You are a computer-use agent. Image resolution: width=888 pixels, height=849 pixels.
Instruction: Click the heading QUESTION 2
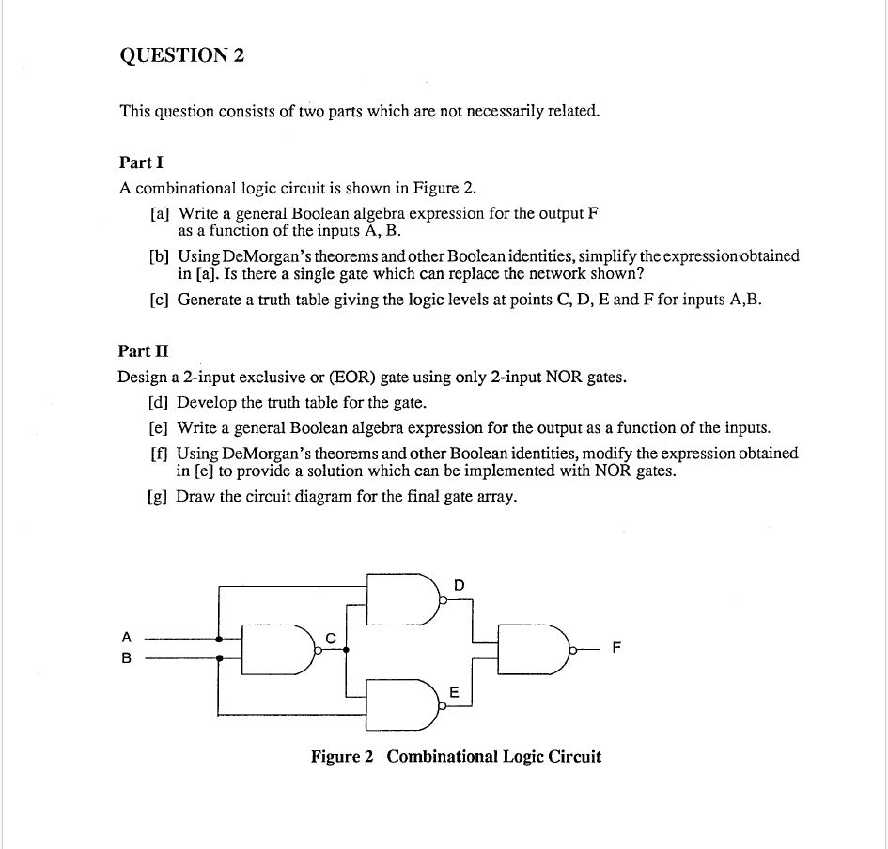[x=181, y=55]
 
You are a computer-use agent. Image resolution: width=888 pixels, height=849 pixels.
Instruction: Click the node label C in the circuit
[x=330, y=639]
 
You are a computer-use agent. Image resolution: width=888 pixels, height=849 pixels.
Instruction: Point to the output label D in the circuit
[x=459, y=585]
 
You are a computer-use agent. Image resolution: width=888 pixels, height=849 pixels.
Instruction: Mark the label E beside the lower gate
[x=455, y=692]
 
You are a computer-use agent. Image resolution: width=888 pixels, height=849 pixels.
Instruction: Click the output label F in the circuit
[x=616, y=648]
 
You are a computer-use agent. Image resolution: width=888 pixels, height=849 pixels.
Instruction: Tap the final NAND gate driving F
[x=532, y=648]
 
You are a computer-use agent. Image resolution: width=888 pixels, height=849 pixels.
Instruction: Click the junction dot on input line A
[x=219, y=639]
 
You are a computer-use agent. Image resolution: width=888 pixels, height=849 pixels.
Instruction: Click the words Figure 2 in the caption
[x=342, y=757]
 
